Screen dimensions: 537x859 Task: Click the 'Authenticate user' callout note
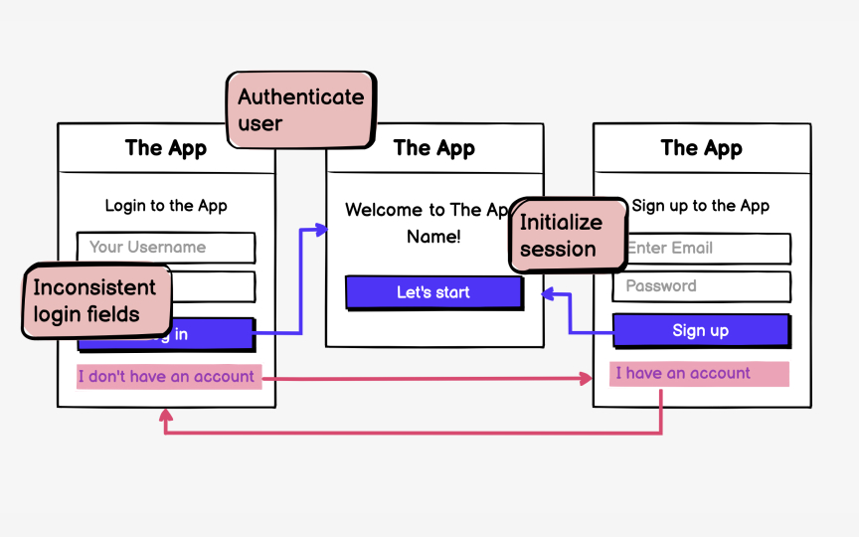click(x=300, y=110)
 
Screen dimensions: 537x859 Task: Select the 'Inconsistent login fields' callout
click(x=94, y=301)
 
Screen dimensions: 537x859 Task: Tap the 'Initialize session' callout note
click(x=567, y=236)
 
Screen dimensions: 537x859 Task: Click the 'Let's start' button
click(x=433, y=292)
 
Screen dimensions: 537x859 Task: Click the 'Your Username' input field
click(x=166, y=248)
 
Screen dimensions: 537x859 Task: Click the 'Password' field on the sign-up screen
click(x=701, y=286)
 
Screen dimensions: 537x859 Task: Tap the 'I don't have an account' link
click(x=168, y=377)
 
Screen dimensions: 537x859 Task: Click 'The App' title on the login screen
click(x=166, y=148)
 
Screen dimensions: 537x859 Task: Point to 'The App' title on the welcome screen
click(x=434, y=148)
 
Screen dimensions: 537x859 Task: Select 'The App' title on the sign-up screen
click(x=702, y=148)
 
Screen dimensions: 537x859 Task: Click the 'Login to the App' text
click(x=166, y=206)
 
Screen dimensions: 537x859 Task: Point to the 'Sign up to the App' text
click(x=701, y=206)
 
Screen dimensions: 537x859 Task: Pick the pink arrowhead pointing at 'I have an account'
click(x=587, y=379)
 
